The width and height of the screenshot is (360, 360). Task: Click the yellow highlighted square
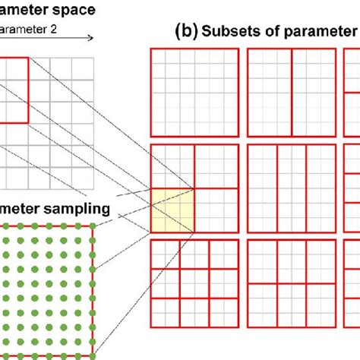click(x=173, y=210)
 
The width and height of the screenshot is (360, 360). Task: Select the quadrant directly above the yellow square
click(x=173, y=166)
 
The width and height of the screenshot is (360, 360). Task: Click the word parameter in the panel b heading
click(x=320, y=32)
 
